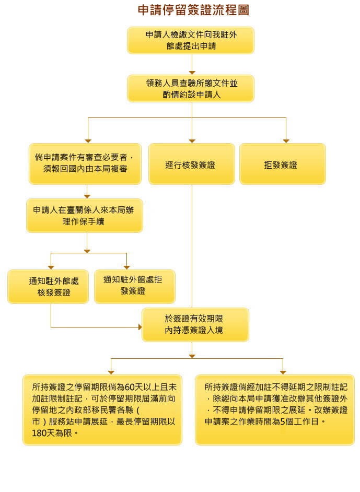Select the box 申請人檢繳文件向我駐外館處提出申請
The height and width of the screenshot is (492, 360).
[x=191, y=40]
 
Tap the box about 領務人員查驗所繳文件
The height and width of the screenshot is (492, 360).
[x=191, y=88]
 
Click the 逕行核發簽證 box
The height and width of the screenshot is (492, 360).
[x=190, y=165]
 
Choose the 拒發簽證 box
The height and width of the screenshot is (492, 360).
[x=282, y=165]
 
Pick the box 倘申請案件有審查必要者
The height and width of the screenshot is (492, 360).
[x=85, y=163]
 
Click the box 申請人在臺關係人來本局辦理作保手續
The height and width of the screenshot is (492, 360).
[x=85, y=215]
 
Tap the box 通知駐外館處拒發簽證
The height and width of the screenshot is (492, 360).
[x=134, y=286]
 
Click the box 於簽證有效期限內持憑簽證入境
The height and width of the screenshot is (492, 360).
[x=195, y=324]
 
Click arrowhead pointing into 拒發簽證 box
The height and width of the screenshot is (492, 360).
[x=286, y=140]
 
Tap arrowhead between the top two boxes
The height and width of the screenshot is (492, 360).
[x=192, y=72]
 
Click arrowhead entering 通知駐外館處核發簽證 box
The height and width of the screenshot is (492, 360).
[x=51, y=267]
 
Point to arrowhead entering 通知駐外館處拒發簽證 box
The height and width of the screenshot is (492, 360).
[x=126, y=267]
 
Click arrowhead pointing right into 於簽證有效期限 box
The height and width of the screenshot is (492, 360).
[x=140, y=327]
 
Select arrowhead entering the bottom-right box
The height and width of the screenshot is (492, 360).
[x=283, y=372]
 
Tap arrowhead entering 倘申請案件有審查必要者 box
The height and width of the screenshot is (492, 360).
[x=88, y=140]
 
